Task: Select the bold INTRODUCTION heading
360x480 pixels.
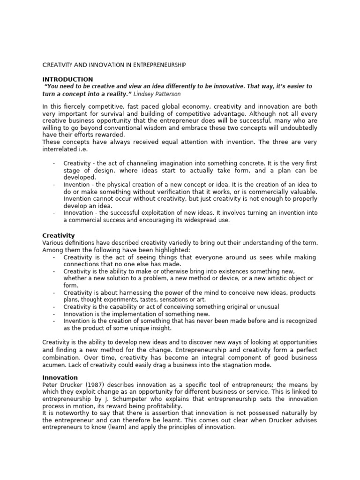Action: tap(67, 79)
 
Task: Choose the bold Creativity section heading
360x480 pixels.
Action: tap(59, 235)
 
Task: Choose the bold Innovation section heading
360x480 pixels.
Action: tap(60, 377)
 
